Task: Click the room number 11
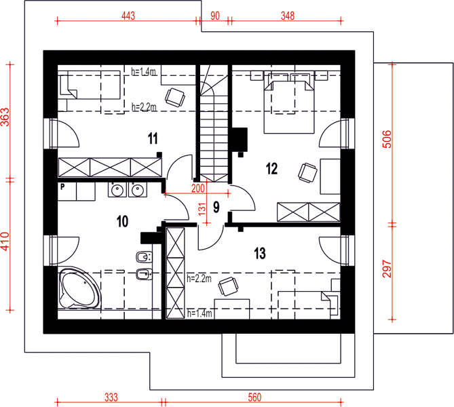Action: [x=153, y=138]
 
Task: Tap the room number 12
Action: [x=271, y=168]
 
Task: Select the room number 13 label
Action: [x=260, y=253]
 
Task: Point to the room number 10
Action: [x=122, y=221]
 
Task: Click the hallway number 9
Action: [x=216, y=207]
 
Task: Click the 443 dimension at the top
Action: [x=128, y=16]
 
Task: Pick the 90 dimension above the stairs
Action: [x=215, y=16]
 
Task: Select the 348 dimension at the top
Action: [x=288, y=16]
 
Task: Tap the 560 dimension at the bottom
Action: [x=254, y=398]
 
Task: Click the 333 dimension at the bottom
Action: [x=111, y=398]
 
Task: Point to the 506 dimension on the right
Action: [x=387, y=139]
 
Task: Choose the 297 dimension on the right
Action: [x=387, y=269]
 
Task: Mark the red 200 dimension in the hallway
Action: [x=198, y=189]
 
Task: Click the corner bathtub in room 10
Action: [x=79, y=288]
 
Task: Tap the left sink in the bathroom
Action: [x=117, y=190]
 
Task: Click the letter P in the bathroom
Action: [x=62, y=187]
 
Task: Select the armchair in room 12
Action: [x=307, y=173]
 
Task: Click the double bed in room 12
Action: [x=288, y=104]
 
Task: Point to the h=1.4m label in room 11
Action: [x=144, y=71]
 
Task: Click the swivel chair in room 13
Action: [x=229, y=286]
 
